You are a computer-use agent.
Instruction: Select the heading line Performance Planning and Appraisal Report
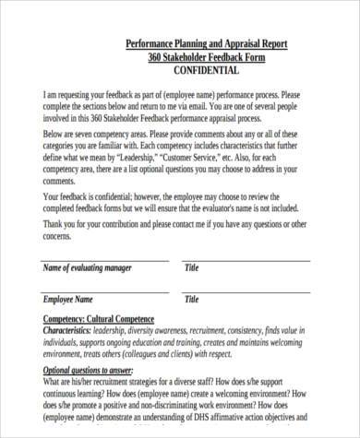click(206, 43)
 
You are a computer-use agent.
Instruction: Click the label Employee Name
click(68, 300)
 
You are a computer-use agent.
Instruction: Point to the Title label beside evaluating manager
click(192, 268)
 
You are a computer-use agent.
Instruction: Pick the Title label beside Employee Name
click(192, 300)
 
